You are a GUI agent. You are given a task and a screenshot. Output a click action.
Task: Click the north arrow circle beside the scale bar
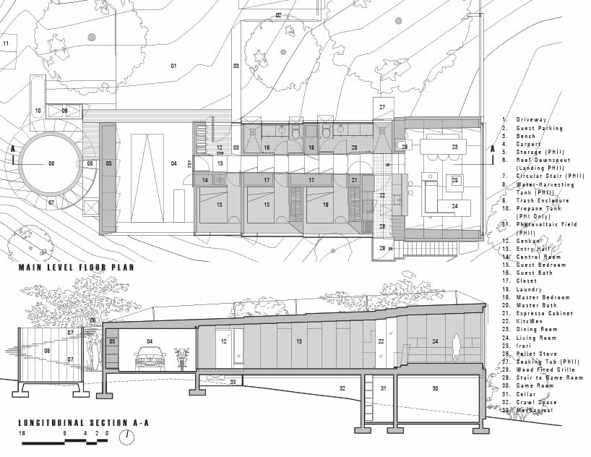(127, 437)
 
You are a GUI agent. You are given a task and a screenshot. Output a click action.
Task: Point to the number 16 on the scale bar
(23, 432)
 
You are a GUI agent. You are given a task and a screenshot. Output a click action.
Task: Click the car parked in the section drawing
(150, 359)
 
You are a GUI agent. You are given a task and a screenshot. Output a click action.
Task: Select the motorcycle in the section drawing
(182, 359)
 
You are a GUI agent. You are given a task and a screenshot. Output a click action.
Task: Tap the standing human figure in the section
(456, 347)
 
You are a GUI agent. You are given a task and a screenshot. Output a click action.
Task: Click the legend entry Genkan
(531, 239)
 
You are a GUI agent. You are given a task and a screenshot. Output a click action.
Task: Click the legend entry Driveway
(532, 119)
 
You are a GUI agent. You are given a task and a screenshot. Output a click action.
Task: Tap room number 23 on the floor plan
(455, 147)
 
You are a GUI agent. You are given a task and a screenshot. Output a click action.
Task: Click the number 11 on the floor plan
(6, 44)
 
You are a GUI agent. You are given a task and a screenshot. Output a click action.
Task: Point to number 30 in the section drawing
(435, 388)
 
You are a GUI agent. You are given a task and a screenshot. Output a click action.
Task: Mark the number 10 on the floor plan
(38, 111)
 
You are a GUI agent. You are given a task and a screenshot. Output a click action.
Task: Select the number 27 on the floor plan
(382, 106)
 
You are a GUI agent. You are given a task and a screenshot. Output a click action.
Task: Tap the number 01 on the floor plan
(173, 66)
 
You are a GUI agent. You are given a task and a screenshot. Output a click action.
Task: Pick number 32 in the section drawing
(342, 388)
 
